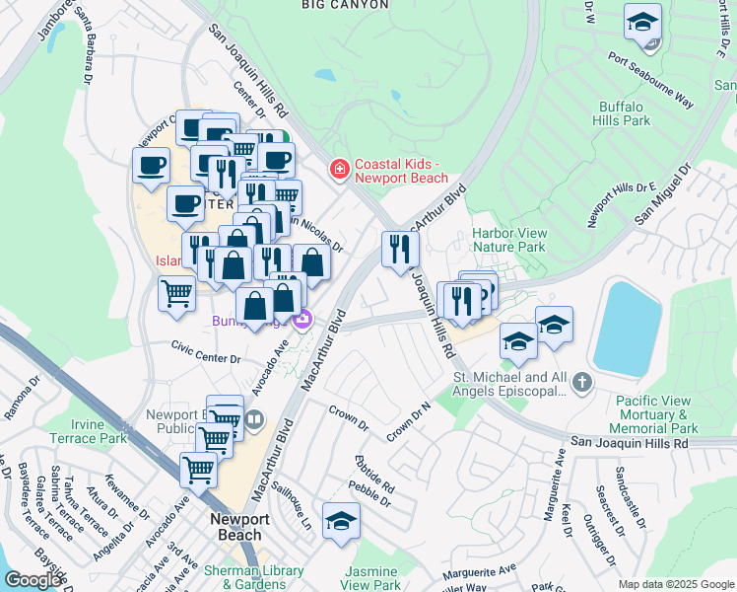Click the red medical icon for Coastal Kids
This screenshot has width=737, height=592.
(340, 171)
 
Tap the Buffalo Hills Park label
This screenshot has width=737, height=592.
(624, 113)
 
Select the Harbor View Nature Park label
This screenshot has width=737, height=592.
(508, 240)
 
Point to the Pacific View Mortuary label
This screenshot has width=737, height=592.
(656, 414)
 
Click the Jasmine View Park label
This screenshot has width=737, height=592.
(372, 578)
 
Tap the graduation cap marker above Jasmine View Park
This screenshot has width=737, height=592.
(341, 522)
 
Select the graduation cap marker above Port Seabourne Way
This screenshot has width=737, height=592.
(642, 22)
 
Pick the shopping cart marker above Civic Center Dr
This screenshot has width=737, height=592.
(176, 293)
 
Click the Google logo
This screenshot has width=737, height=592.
(33, 580)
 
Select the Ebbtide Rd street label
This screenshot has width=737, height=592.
(375, 475)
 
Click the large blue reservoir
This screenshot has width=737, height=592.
(628, 326)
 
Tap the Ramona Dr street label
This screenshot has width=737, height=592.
(23, 398)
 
